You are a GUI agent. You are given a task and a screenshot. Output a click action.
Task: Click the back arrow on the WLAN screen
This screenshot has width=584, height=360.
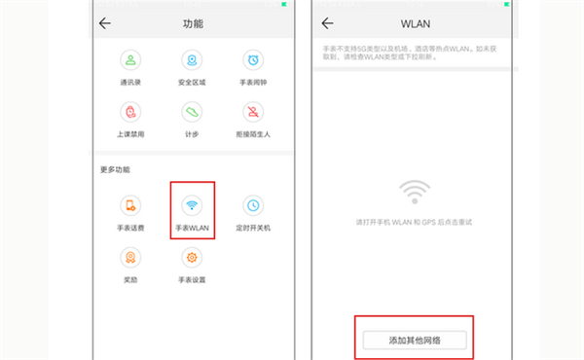click(328, 22)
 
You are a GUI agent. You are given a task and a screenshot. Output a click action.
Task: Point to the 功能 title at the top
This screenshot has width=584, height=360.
click(194, 22)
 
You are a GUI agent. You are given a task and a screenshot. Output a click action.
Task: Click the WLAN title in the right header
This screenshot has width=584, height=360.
click(417, 22)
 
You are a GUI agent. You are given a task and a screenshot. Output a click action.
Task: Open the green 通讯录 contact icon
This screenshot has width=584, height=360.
click(130, 61)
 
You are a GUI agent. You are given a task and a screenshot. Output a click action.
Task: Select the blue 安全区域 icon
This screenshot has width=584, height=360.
click(192, 61)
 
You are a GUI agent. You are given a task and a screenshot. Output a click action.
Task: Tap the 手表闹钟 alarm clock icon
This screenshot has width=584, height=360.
click(253, 61)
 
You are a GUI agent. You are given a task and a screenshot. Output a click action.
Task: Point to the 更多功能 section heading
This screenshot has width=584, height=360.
click(114, 169)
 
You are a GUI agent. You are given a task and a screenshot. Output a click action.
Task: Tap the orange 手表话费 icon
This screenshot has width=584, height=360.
click(130, 205)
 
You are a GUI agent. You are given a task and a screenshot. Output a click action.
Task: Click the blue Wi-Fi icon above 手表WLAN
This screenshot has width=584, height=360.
click(192, 205)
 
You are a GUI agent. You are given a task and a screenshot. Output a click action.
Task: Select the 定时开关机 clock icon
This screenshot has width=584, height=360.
click(253, 205)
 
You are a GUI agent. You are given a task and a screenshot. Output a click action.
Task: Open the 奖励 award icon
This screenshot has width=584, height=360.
click(130, 257)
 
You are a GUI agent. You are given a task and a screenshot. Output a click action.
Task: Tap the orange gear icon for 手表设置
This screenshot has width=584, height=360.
click(192, 257)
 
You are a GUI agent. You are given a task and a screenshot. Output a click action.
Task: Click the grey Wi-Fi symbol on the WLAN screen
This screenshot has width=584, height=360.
click(415, 191)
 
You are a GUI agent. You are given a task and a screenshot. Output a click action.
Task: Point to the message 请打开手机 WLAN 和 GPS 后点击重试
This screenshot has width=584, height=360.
click(415, 223)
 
